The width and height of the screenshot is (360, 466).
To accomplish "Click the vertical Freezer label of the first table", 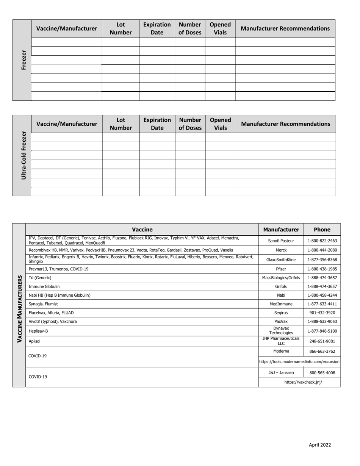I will pyautogui.click(x=23, y=60).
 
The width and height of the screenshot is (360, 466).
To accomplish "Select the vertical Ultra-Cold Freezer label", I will pyautogui.click(x=23, y=155).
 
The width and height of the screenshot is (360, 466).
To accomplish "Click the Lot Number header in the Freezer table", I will pyautogui.click(x=121, y=28).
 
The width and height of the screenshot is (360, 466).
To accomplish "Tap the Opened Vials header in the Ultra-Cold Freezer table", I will pyautogui.click(x=220, y=124).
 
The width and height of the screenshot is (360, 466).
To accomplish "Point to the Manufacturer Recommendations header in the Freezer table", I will pyautogui.click(x=285, y=28).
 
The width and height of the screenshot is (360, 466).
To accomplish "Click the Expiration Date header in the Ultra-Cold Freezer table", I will pyautogui.click(x=157, y=124).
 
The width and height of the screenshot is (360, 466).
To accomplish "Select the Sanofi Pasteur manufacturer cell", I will pyautogui.click(x=281, y=241).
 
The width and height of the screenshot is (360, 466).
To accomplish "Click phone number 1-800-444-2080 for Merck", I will pyautogui.click(x=322, y=250).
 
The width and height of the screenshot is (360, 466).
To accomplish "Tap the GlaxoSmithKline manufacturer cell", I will pyautogui.click(x=281, y=260).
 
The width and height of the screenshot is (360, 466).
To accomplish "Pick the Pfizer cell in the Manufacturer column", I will pyautogui.click(x=281, y=269).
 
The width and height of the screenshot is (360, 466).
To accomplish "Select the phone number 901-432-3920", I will pyautogui.click(x=322, y=313).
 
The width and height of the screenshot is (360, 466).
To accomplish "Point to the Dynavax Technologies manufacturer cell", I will pyautogui.click(x=281, y=331).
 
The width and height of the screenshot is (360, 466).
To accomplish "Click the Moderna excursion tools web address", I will pyautogui.click(x=299, y=362).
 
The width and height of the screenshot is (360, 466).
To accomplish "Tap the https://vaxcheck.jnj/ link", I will pyautogui.click(x=299, y=382).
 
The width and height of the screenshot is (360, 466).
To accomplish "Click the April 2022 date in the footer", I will pyautogui.click(x=319, y=445).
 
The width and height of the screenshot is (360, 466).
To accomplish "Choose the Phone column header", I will pyautogui.click(x=322, y=230).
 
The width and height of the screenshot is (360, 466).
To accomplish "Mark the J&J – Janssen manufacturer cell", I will pyautogui.click(x=281, y=372).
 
